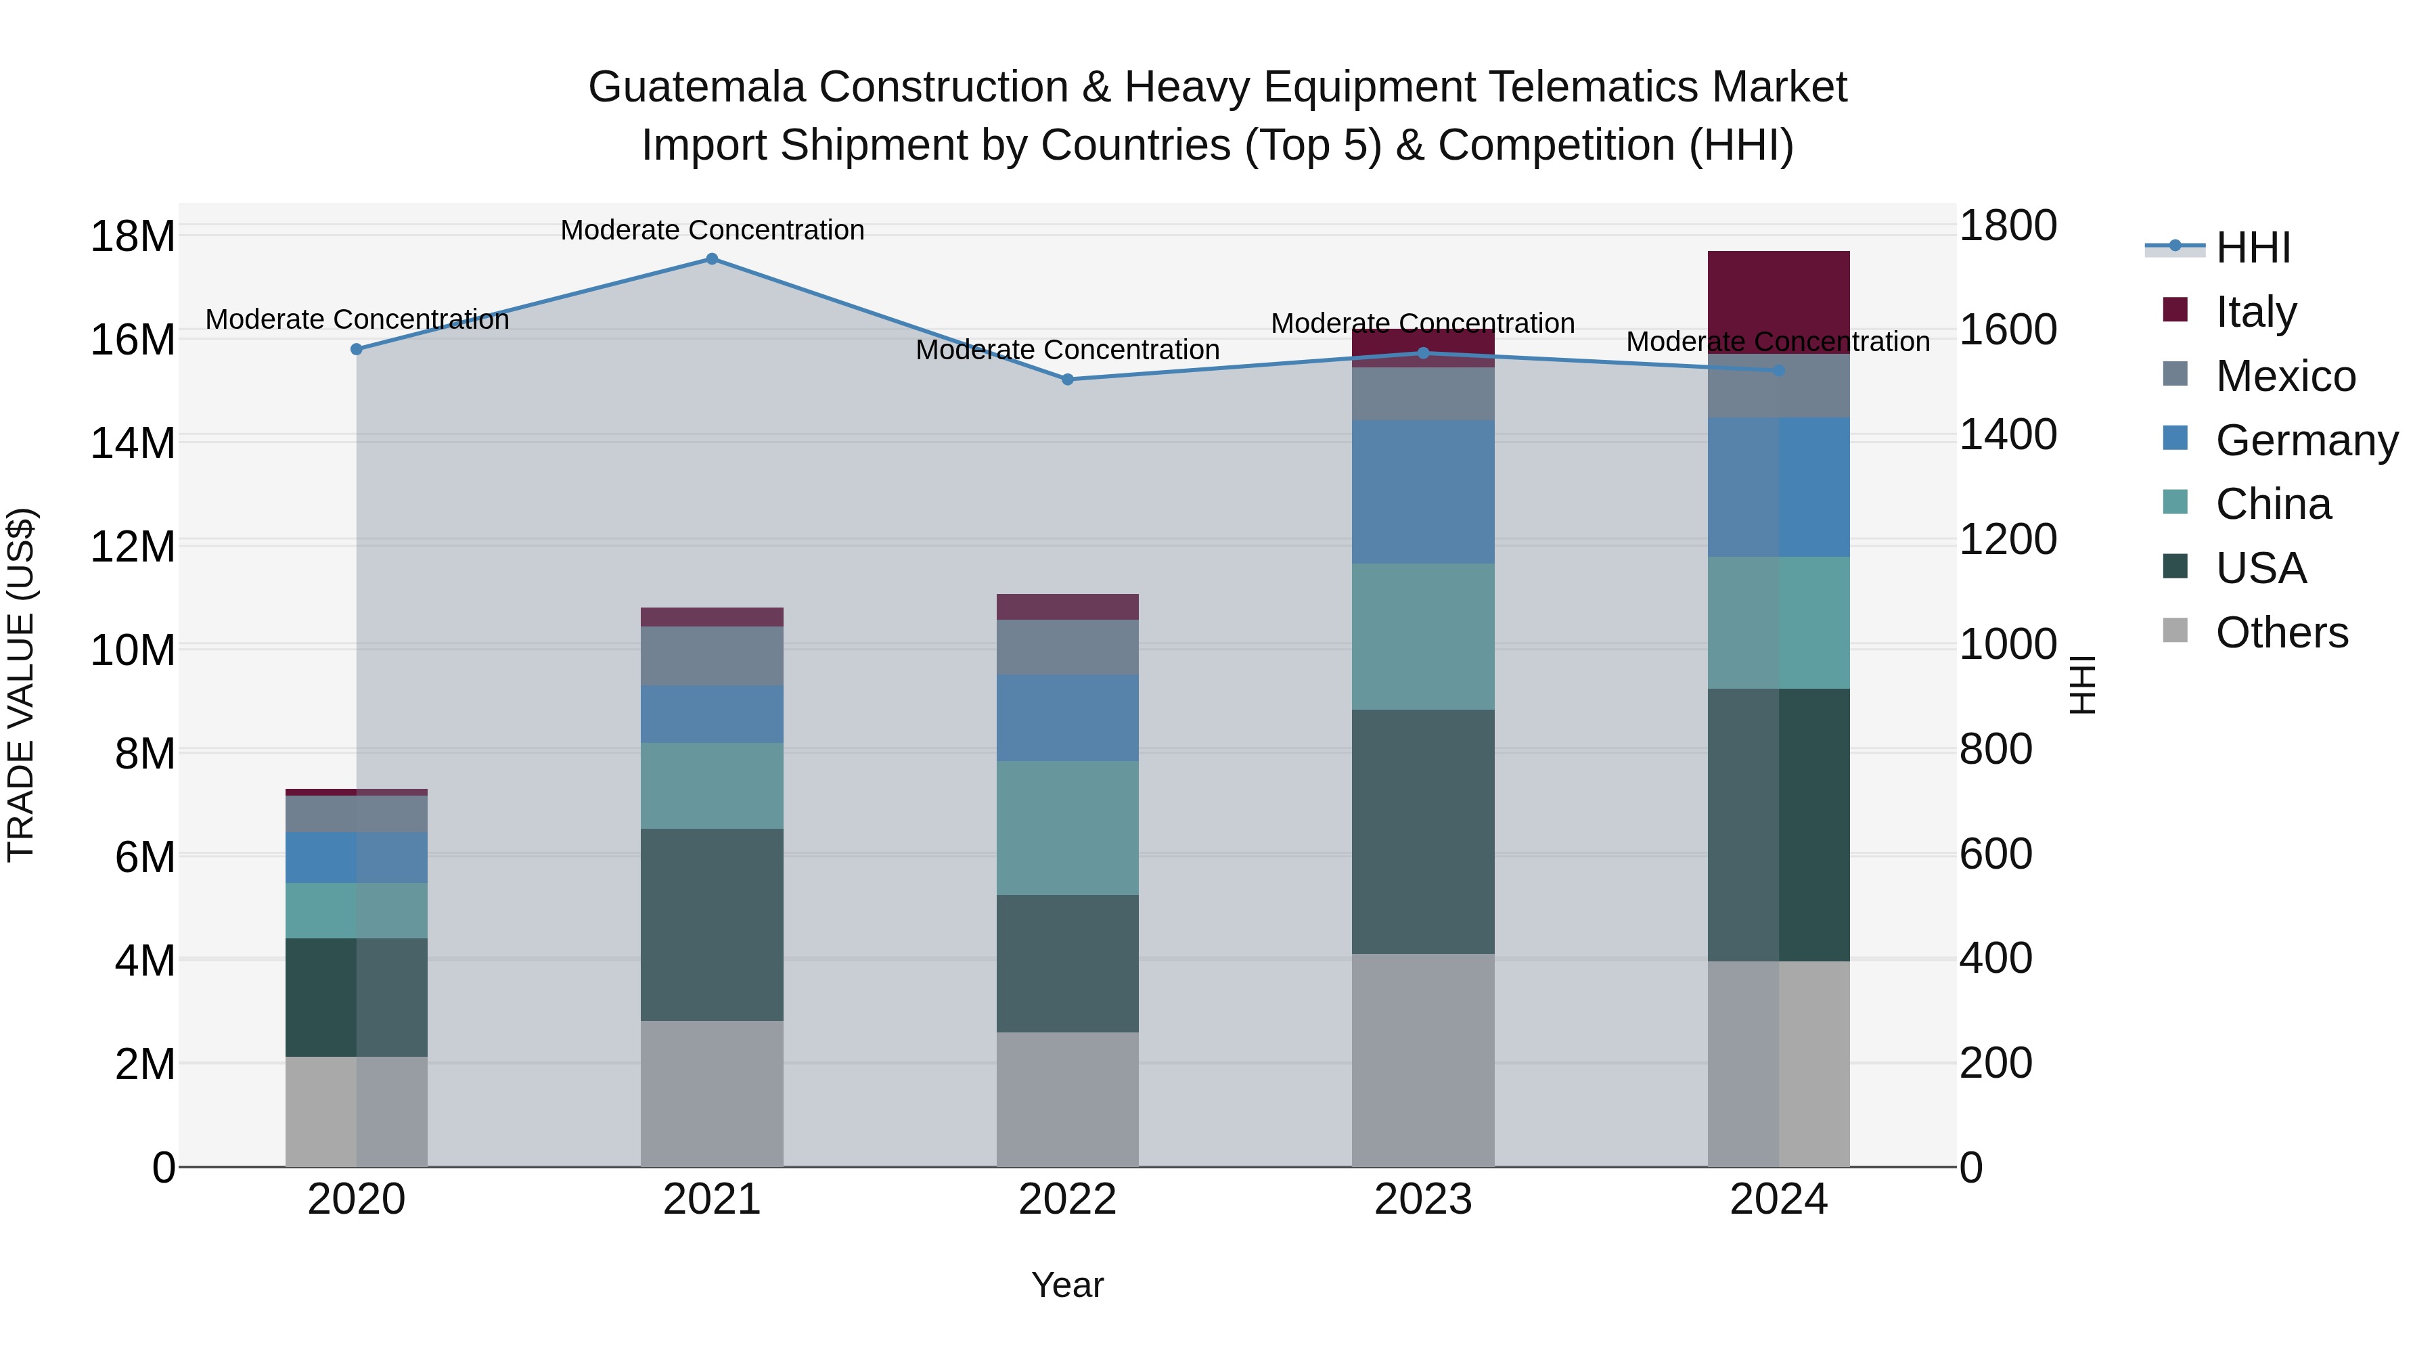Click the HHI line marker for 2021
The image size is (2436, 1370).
point(712,259)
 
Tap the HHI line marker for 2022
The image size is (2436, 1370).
point(1068,379)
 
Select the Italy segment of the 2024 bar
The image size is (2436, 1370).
point(1779,300)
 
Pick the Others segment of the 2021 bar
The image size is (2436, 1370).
point(712,1093)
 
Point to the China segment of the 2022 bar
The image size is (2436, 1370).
point(1068,827)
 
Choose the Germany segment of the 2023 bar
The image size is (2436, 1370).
point(1423,492)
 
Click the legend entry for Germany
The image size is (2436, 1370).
point(2305,440)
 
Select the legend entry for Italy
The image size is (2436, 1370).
point(2255,312)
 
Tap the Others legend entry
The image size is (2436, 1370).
point(2281,633)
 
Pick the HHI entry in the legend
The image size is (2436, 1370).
point(2253,248)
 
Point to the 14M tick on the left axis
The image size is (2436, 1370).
point(133,442)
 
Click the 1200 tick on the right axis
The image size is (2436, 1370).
point(2008,540)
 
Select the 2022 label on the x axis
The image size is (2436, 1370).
point(1068,1200)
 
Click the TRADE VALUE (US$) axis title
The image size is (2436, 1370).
point(21,685)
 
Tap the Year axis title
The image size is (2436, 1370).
point(1068,1285)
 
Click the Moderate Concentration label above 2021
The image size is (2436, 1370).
point(712,230)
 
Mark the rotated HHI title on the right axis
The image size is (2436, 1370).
point(2082,685)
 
